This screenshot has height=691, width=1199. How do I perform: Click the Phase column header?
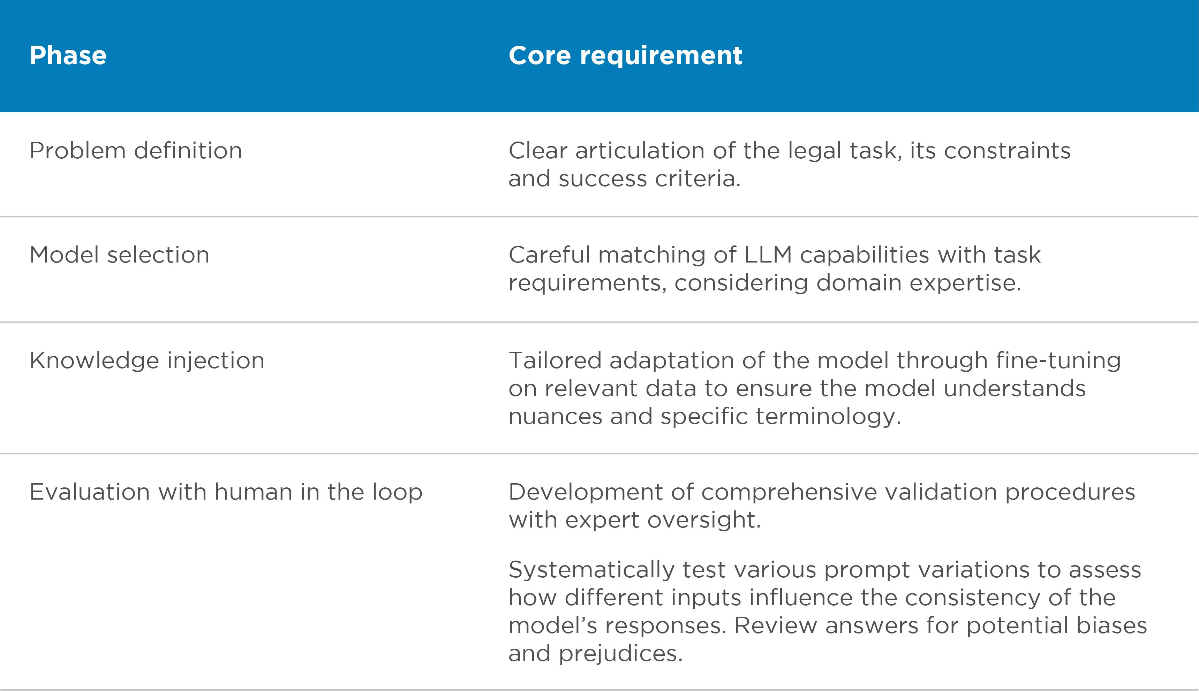[x=68, y=55]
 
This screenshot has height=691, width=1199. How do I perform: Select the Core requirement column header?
[x=625, y=55]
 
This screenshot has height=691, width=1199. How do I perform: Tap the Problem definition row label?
[x=136, y=151]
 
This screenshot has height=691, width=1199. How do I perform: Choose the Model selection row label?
[x=119, y=255]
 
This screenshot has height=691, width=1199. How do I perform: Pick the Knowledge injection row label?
[x=147, y=361]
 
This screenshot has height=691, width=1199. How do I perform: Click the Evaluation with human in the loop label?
[x=226, y=492]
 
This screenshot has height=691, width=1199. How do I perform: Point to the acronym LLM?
[x=768, y=255]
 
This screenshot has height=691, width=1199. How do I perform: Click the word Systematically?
[x=591, y=570]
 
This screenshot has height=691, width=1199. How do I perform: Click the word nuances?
[x=555, y=417]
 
